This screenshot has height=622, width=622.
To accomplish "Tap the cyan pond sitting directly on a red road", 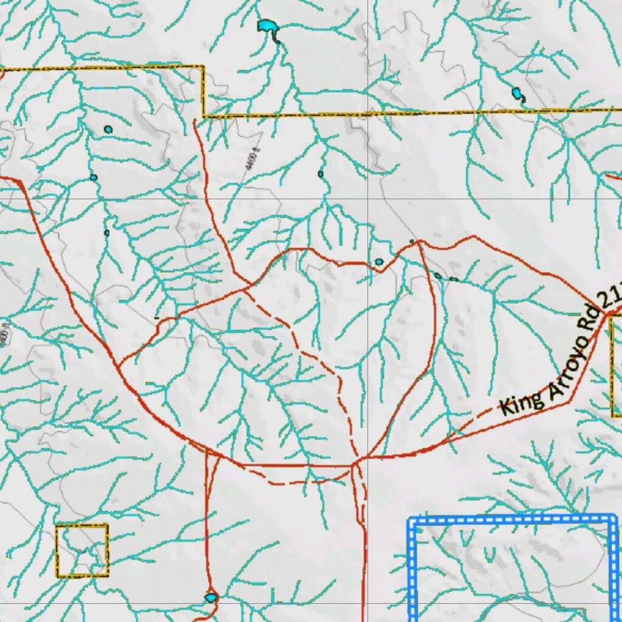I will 211,598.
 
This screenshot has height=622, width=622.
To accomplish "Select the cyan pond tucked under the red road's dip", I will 379,262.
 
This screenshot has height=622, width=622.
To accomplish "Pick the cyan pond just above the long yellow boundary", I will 517,94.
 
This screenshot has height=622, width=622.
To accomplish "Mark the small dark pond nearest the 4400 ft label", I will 320,174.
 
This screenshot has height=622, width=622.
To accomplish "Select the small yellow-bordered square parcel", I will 82,550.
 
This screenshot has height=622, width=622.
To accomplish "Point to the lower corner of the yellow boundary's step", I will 204,115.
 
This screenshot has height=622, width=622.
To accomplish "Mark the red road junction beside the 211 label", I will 607,312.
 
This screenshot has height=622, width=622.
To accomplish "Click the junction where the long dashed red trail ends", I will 354,464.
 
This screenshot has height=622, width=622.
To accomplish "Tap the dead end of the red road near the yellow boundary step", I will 194,121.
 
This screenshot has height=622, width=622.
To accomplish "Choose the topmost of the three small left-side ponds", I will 108,129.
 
